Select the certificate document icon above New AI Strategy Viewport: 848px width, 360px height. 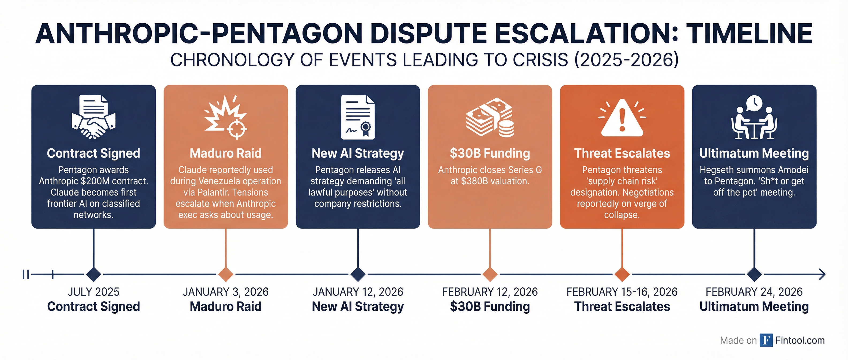(x=358, y=117)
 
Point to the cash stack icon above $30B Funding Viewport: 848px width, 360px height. (x=490, y=118)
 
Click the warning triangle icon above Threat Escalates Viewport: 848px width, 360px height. (x=622, y=118)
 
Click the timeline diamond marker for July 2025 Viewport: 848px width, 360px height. (x=93, y=274)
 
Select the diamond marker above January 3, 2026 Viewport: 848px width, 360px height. (x=226, y=274)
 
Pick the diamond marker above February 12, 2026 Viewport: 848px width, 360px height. (x=490, y=274)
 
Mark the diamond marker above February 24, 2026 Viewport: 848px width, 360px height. (x=754, y=274)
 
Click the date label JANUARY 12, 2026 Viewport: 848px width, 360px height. (x=358, y=292)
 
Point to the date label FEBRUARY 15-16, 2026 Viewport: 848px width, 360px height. (x=622, y=292)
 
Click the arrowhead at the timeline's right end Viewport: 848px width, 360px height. (x=822, y=274)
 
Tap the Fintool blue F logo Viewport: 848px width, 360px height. (x=766, y=340)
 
